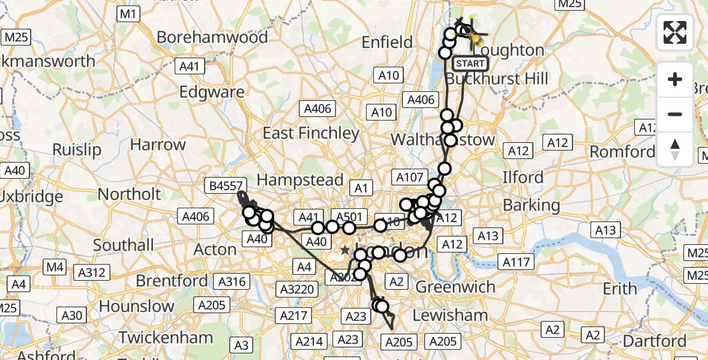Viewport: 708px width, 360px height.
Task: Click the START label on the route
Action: coord(470,63)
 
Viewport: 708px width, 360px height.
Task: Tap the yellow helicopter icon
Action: coord(475,37)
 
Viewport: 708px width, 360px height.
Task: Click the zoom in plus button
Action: coord(675,79)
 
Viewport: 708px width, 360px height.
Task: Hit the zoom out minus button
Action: coord(675,114)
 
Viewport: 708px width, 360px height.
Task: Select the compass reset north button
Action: coord(675,149)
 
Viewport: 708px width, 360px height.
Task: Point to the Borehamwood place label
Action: coord(212,37)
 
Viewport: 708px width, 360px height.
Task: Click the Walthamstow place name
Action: coord(443,140)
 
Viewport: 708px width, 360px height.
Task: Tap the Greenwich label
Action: coord(457,286)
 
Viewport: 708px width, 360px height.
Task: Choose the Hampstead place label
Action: coord(300,179)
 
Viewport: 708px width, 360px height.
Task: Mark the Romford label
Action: coord(622,151)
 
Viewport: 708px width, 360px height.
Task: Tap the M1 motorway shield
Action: coord(129,14)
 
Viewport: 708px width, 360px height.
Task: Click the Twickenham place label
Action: coord(165,337)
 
